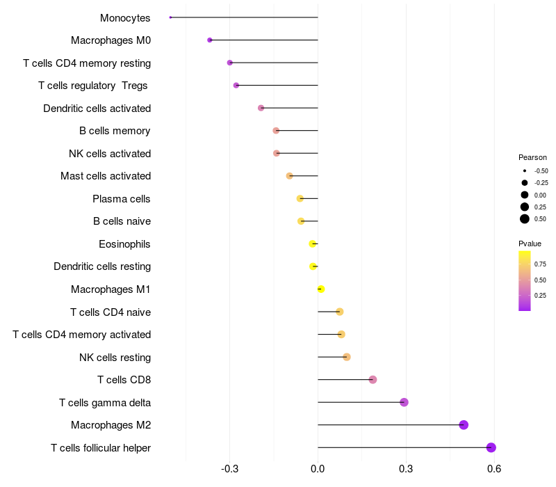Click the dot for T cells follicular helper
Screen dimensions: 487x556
point(491,447)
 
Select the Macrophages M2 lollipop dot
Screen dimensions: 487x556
point(464,425)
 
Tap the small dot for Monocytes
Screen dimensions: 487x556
point(170,17)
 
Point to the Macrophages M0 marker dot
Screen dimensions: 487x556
point(210,40)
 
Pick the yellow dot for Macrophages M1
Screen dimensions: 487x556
point(321,289)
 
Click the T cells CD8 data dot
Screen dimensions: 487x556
point(373,380)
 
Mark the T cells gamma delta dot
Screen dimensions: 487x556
point(404,402)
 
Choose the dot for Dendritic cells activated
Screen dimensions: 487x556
point(261,108)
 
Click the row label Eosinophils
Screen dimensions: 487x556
point(124,244)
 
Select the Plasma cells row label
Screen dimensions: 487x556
point(121,199)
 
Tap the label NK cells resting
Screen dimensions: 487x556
point(115,358)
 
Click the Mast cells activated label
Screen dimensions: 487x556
point(105,176)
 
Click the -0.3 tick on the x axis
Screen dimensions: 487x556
point(229,469)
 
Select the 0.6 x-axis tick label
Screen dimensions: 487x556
point(494,469)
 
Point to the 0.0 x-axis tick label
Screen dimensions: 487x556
point(318,469)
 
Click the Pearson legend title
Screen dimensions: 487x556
point(532,157)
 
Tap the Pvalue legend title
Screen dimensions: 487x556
point(530,243)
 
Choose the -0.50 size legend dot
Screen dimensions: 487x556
point(525,170)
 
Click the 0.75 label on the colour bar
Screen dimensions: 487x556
point(541,264)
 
